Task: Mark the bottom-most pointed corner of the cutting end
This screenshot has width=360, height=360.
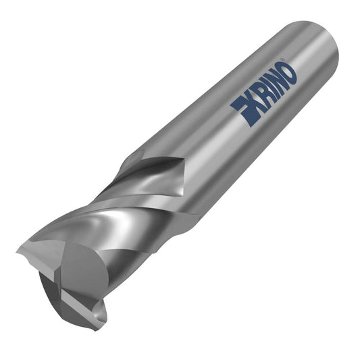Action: [95, 331]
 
